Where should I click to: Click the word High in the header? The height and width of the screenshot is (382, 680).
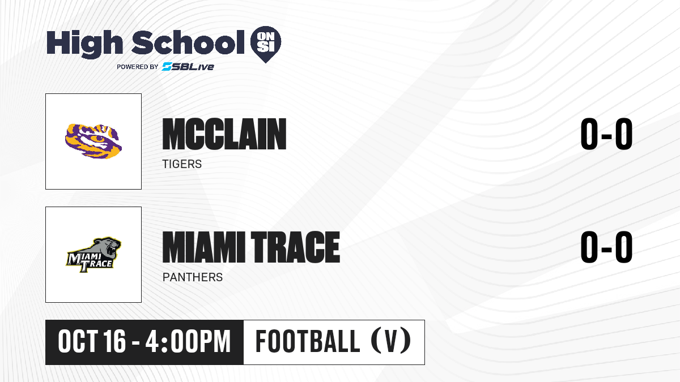point(84,44)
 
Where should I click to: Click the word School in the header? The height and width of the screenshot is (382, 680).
point(188,42)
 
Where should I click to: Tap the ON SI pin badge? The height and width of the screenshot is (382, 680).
point(266,44)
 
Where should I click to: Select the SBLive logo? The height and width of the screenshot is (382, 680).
point(188,66)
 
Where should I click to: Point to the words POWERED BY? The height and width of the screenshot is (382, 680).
point(138,67)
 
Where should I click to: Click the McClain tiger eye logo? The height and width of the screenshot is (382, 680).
point(93,141)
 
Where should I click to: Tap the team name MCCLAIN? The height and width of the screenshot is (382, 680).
point(224,134)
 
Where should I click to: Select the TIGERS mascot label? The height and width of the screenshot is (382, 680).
point(182,164)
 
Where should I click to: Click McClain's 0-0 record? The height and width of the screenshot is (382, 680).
point(606,134)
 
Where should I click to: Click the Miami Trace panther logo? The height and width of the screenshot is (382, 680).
point(93,255)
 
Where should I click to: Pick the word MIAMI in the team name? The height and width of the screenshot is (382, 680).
point(203,247)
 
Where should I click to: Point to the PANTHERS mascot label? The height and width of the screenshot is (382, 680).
point(193,277)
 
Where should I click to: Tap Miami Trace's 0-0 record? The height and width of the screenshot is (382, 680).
point(606,247)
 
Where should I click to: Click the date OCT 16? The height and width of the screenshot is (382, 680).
point(92,342)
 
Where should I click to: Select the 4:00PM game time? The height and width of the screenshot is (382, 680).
point(188,342)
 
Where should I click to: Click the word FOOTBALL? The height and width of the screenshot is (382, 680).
point(308,341)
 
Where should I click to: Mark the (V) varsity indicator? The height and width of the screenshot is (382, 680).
point(391,341)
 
